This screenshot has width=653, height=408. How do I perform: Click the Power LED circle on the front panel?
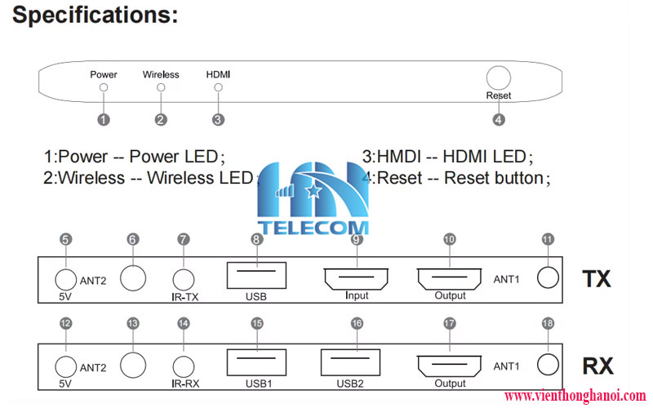(103, 87)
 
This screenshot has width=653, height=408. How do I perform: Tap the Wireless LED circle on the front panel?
(161, 87)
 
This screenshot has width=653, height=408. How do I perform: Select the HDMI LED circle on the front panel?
(218, 87)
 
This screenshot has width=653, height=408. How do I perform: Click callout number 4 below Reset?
(499, 119)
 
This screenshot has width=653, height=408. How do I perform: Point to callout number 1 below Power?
(103, 119)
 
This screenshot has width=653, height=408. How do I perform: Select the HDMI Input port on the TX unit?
(356, 278)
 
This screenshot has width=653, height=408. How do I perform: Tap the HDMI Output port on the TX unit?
(449, 278)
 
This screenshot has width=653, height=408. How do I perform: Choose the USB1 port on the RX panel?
(256, 362)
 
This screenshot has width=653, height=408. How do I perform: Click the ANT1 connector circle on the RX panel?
(549, 365)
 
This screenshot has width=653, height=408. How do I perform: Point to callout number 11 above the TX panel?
(548, 239)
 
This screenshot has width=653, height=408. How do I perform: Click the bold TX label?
(597, 279)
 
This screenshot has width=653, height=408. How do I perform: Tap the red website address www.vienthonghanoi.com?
(575, 396)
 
